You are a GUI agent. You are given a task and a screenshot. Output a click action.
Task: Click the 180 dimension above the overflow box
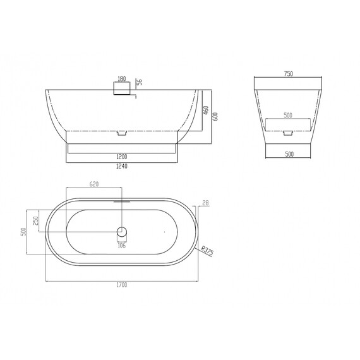(122, 80)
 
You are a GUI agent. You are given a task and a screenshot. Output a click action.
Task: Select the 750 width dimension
(288, 74)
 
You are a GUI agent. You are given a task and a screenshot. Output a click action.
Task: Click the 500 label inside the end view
(288, 116)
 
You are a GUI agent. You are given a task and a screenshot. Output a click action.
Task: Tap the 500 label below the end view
(288, 153)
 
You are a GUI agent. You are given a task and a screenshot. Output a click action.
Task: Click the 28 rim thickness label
(205, 203)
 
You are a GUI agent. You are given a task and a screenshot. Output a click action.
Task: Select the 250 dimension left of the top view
(36, 221)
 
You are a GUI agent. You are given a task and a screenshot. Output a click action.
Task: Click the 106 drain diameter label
(122, 246)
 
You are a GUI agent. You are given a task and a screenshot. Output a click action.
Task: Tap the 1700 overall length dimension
(123, 285)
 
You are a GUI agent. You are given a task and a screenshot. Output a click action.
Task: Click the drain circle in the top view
(123, 232)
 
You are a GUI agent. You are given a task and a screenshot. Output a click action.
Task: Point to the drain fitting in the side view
(123, 133)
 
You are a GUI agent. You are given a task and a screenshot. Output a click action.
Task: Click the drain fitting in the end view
(288, 133)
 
